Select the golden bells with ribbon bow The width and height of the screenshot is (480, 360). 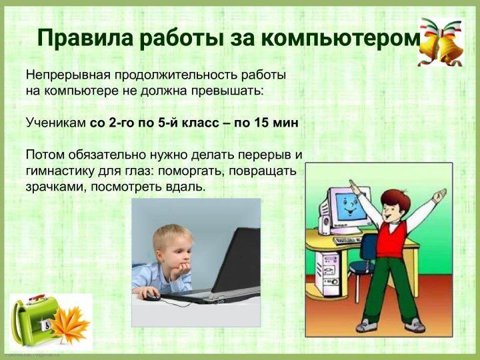tap(441, 42)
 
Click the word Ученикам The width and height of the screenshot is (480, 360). tap(56, 123)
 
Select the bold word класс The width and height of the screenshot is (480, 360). tap(201, 123)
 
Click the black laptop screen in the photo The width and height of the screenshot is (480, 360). tap(237, 259)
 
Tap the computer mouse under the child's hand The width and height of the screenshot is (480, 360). tap(153, 296)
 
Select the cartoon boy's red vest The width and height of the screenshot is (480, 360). tap(391, 239)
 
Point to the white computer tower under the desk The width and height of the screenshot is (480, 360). tap(327, 274)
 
